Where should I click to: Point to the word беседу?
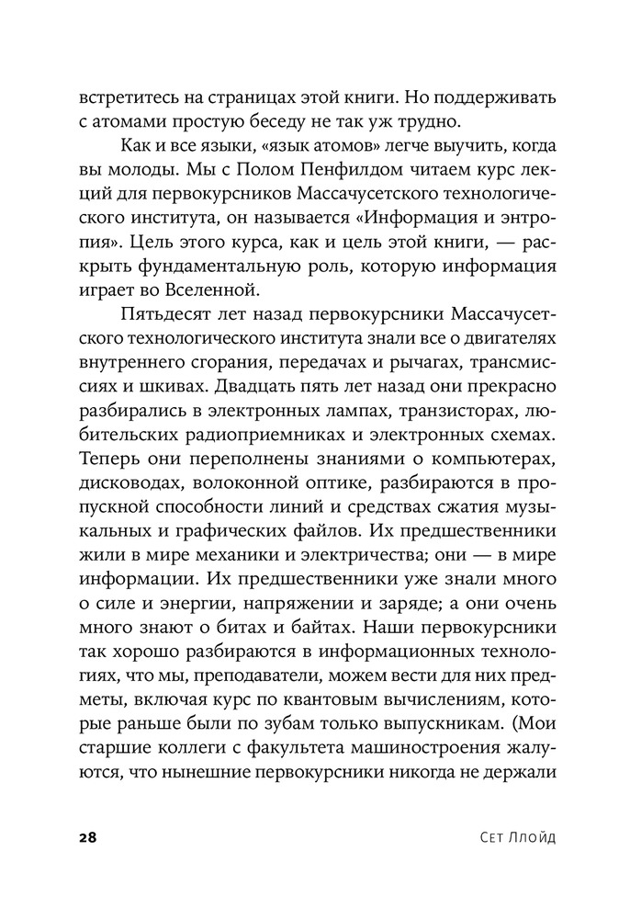tap(292, 121)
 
